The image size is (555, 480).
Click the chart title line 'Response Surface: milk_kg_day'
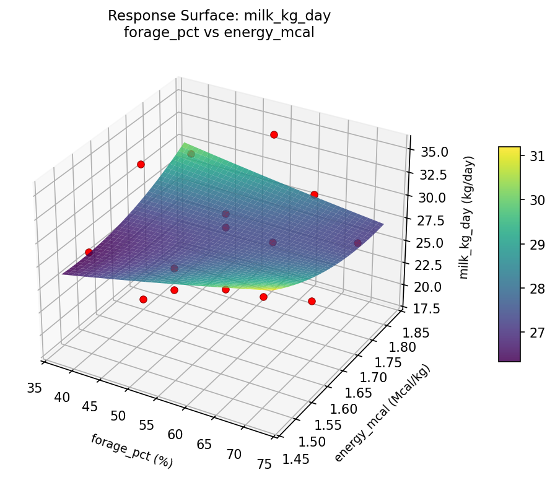coord(219,16)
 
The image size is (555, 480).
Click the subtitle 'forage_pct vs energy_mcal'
coord(219,33)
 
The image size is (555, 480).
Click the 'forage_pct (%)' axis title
coord(131,451)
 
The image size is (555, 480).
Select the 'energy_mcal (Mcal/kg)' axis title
coord(382,413)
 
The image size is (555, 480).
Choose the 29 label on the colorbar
coord(532,243)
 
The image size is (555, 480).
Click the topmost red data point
coord(274,134)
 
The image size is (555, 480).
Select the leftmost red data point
coord(89,252)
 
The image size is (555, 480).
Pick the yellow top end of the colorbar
coord(509,149)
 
